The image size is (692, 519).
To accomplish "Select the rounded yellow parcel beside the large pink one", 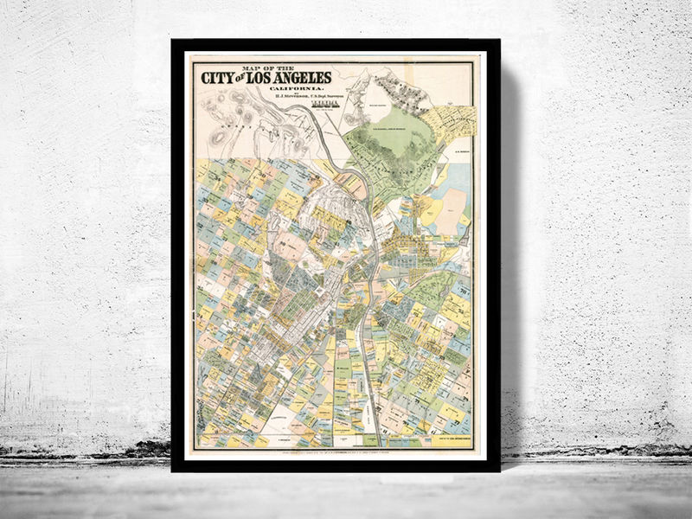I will [426, 208].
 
